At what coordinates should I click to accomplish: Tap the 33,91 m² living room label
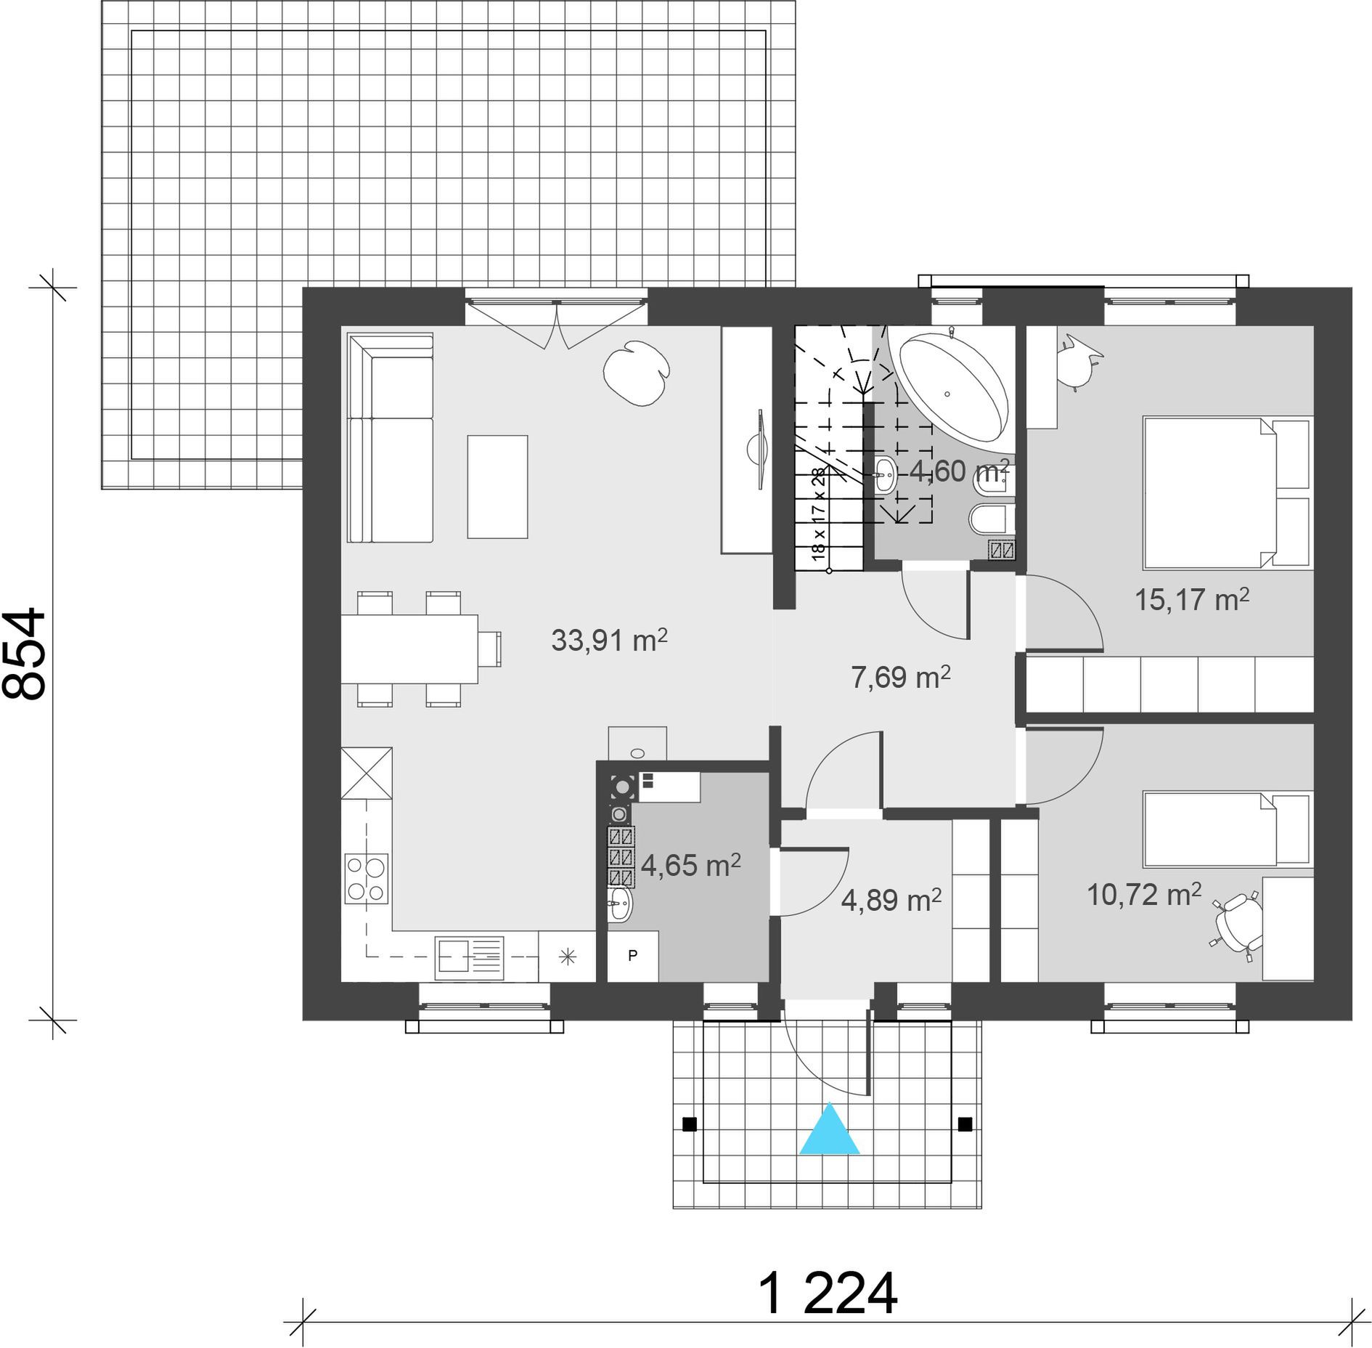click(609, 640)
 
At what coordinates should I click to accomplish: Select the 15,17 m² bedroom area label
click(1192, 599)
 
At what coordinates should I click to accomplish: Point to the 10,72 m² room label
click(1144, 894)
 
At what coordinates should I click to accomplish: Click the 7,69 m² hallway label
click(900, 677)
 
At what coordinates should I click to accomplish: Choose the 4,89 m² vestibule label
click(891, 900)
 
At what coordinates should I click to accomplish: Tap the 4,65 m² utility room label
click(690, 865)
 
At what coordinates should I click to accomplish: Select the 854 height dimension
click(24, 654)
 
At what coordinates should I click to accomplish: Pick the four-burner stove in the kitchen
click(366, 879)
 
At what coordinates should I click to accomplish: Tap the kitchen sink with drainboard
click(469, 958)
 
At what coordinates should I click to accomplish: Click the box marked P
click(632, 956)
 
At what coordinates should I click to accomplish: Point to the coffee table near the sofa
click(497, 487)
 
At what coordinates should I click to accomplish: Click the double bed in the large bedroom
click(1227, 492)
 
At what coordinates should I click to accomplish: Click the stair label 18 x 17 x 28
click(819, 514)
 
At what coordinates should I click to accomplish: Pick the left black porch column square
click(690, 1124)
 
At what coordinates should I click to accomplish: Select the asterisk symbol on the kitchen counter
click(568, 957)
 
